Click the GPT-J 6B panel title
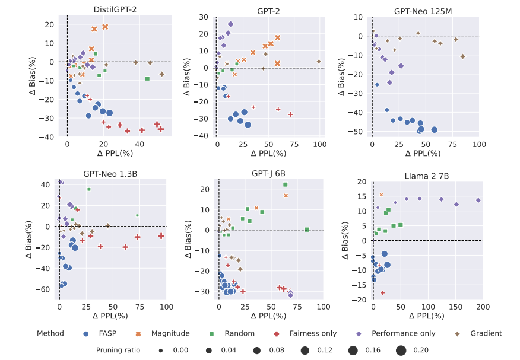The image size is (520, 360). click(x=268, y=174)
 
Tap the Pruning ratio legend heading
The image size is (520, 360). click(x=118, y=350)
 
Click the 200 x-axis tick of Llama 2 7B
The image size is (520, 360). click(x=482, y=307)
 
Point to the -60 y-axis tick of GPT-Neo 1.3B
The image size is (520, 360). click(x=45, y=289)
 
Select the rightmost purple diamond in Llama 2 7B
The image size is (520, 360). click(x=478, y=200)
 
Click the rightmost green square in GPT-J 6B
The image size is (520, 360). click(x=307, y=230)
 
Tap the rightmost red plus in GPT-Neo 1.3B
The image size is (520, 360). click(x=161, y=236)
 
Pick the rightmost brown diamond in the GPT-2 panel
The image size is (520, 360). click(x=319, y=62)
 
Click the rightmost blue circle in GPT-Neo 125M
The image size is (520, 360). click(x=434, y=129)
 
